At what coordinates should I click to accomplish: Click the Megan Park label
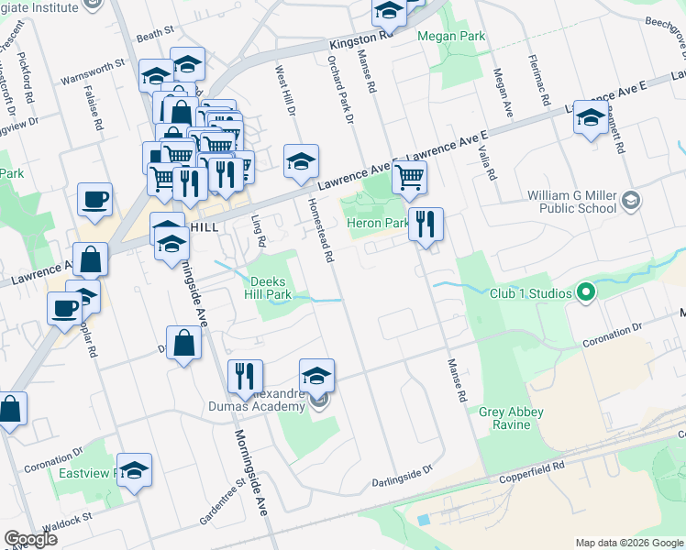[x=450, y=37]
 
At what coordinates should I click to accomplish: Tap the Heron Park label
[x=377, y=223]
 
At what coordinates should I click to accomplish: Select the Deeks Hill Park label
[x=267, y=288]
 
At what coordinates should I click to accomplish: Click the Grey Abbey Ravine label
[x=504, y=418]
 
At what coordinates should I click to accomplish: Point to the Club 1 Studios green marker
[x=587, y=294]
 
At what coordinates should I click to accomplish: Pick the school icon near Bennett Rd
[x=592, y=118]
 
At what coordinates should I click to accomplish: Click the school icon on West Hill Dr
[x=300, y=162]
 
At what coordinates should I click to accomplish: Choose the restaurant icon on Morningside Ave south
[x=244, y=376]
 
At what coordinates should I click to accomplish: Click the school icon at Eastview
[x=134, y=471]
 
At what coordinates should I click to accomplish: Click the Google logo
[x=31, y=539]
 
